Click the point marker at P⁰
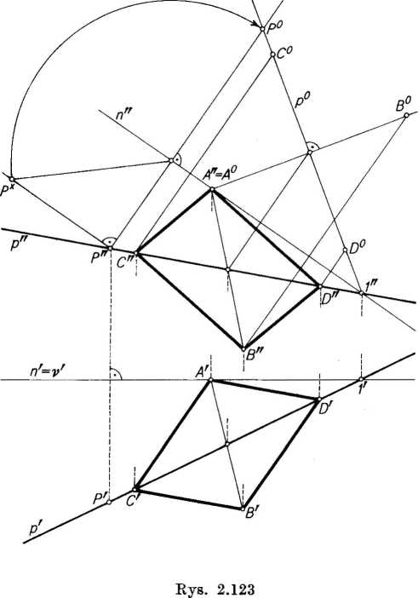point(262,28)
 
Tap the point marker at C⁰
point(272,55)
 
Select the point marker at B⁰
point(406,115)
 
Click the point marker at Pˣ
point(11,179)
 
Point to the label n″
point(124,115)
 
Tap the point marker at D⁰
point(346,250)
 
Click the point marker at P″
point(110,248)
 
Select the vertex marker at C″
point(136,253)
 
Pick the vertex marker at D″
point(320,286)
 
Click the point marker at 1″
point(361,293)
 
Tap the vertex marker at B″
point(243,348)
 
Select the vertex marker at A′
point(210,380)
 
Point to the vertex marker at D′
point(319,399)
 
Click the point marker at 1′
point(361,379)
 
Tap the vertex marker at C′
point(135,489)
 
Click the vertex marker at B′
point(243,509)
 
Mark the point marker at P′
point(109,502)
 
